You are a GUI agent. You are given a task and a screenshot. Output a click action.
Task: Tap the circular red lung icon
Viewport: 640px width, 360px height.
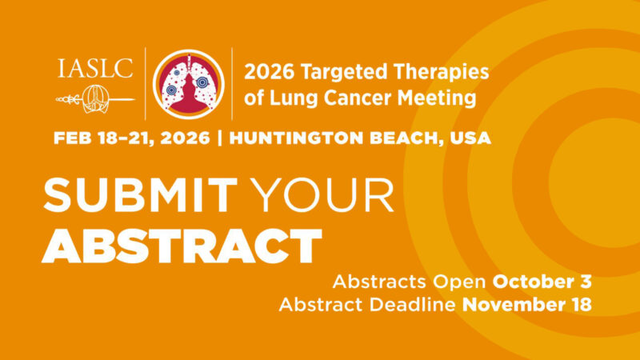tap(188, 84)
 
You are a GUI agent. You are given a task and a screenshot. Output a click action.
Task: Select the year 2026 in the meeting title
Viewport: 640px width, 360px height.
tap(267, 72)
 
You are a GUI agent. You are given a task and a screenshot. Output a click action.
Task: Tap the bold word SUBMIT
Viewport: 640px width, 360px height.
tap(141, 195)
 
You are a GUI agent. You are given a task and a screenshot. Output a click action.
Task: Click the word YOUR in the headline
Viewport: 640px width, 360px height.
tap(321, 195)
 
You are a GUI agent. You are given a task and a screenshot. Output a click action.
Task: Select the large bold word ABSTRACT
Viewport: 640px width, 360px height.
tap(182, 247)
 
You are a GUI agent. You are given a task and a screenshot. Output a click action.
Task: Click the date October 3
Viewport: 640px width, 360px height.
tap(542, 282)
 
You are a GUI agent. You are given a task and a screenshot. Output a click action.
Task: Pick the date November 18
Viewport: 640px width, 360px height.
tap(527, 305)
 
